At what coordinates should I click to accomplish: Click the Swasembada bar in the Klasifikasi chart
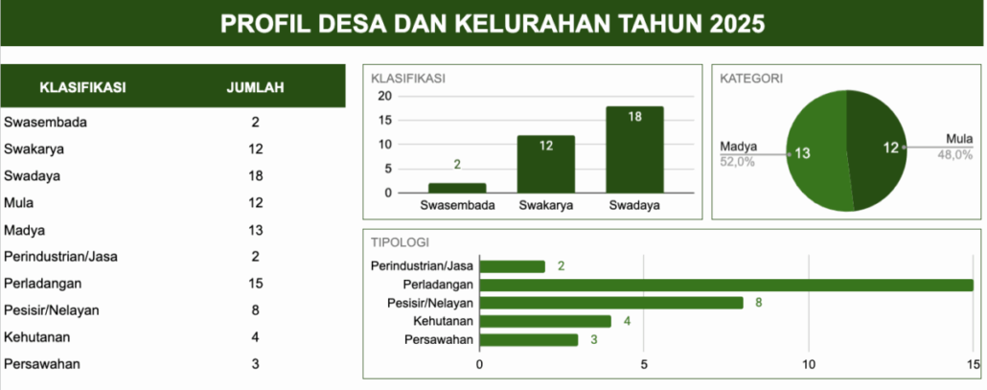457,188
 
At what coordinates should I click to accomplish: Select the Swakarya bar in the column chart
546,164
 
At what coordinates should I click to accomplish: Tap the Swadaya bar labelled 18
634,149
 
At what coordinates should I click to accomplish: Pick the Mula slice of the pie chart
878,149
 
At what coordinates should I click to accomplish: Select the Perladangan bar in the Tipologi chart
726,285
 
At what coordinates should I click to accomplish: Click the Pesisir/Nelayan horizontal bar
611,303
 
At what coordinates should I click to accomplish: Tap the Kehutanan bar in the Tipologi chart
546,321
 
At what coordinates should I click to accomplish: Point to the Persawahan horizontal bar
529,339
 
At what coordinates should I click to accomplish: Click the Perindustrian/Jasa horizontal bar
513,266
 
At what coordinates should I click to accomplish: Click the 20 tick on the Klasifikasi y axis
384,96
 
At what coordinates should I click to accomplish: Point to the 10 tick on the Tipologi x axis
808,364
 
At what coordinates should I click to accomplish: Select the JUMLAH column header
255,87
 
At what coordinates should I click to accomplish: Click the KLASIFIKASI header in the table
83,87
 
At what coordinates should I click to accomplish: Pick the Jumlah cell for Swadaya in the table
255,176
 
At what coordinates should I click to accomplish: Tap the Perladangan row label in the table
43,284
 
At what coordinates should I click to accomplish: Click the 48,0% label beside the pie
954,155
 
